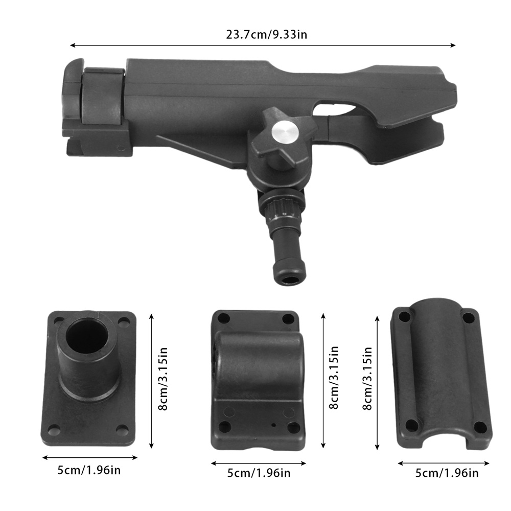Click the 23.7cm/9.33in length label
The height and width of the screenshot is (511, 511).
pos(267,34)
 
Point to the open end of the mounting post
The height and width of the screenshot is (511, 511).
pos(290,280)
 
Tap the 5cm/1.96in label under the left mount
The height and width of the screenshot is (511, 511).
pos(89,470)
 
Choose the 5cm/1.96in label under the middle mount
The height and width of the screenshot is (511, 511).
pos(259,473)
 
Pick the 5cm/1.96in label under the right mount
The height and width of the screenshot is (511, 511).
pos(447,473)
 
